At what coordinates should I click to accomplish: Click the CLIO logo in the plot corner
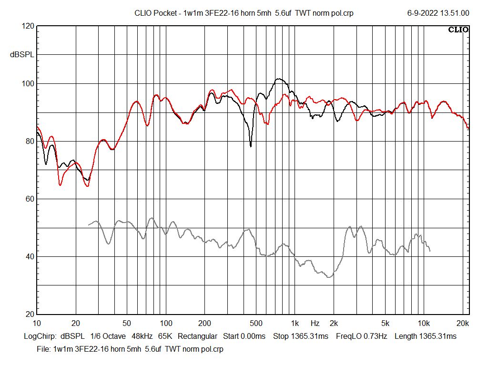point(458,30)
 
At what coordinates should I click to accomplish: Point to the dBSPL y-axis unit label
point(22,55)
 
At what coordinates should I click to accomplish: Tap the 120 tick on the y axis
point(28,26)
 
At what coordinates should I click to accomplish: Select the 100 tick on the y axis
point(28,84)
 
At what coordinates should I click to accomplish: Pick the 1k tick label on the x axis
point(295,323)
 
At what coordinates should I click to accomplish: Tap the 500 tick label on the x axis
point(256,323)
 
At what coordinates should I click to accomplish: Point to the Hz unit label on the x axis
point(315,323)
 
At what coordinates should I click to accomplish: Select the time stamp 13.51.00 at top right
point(455,13)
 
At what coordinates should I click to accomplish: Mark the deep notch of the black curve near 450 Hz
point(251,146)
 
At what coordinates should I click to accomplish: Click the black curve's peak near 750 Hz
point(279,79)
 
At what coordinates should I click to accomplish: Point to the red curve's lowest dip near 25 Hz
point(87,186)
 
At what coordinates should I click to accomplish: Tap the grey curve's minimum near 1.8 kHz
point(328,277)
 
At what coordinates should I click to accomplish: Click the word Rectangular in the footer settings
point(198,336)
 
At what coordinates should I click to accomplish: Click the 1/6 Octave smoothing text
point(108,336)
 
